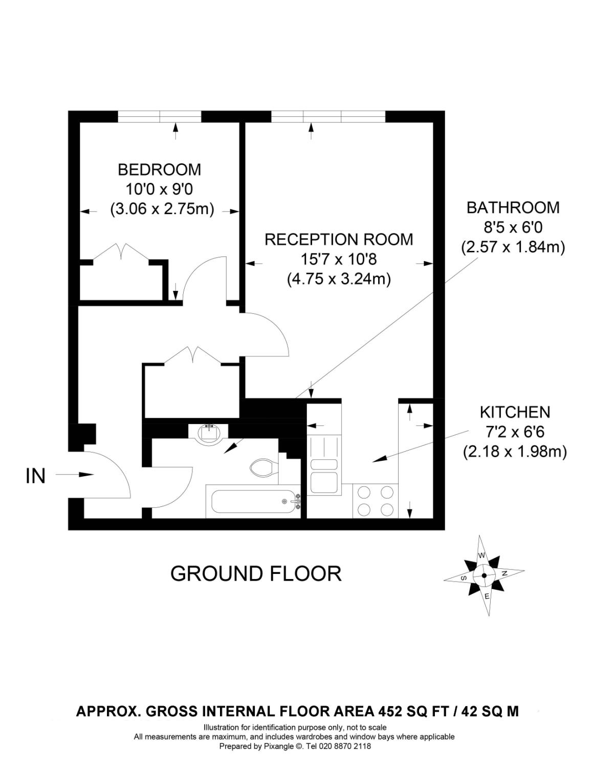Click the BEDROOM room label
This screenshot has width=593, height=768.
tap(159, 169)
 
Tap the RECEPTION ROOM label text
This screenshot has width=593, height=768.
tap(339, 240)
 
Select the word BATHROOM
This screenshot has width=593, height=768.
tap(513, 208)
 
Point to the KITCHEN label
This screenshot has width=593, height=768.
tap(515, 412)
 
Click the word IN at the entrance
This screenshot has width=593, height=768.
tap(36, 476)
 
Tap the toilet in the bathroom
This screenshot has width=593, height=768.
tap(264, 466)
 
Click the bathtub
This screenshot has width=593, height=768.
tap(253, 501)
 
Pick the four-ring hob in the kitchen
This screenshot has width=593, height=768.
tap(376, 501)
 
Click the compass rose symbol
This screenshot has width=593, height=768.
tap(484, 575)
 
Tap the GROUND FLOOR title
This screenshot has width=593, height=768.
tap(256, 573)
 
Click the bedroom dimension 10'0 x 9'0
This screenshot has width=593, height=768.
tap(159, 189)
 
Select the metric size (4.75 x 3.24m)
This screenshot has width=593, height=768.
tap(339, 280)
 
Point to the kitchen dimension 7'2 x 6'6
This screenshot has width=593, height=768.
tap(515, 432)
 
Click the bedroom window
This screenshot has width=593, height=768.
tap(160, 117)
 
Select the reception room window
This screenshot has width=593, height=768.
tap(328, 117)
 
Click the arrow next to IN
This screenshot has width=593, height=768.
tap(75, 475)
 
